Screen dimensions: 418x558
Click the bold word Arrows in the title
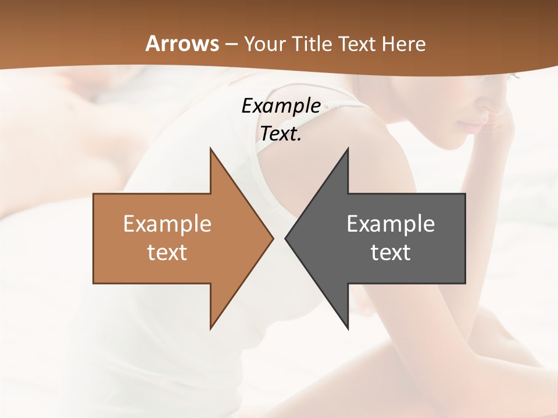(181, 44)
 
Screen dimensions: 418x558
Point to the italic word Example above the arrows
(281, 106)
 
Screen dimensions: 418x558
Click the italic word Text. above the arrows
(281, 134)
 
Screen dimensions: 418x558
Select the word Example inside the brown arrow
(167, 224)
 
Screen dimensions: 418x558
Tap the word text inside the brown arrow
(167, 252)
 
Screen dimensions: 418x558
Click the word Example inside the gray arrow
(391, 224)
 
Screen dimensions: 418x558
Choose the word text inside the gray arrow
(391, 252)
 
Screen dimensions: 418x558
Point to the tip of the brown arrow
(273, 238)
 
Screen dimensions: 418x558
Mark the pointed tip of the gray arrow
(285, 238)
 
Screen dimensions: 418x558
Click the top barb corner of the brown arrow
(210, 149)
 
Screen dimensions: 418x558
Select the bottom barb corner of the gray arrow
(348, 329)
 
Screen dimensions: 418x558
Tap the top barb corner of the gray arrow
(348, 149)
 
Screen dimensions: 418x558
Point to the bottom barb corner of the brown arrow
(210, 329)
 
